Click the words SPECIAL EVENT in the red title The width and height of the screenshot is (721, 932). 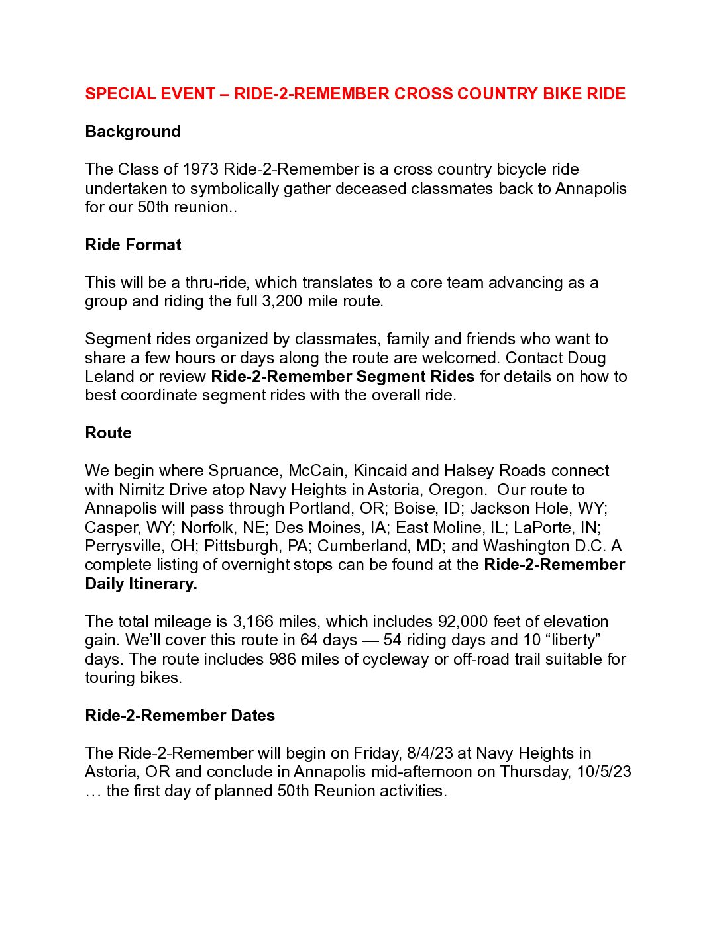point(150,94)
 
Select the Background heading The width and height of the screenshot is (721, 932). point(133,132)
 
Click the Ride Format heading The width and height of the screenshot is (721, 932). point(133,245)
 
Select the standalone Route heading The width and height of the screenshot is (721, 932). point(109,433)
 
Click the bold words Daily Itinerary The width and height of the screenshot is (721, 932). point(141,584)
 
